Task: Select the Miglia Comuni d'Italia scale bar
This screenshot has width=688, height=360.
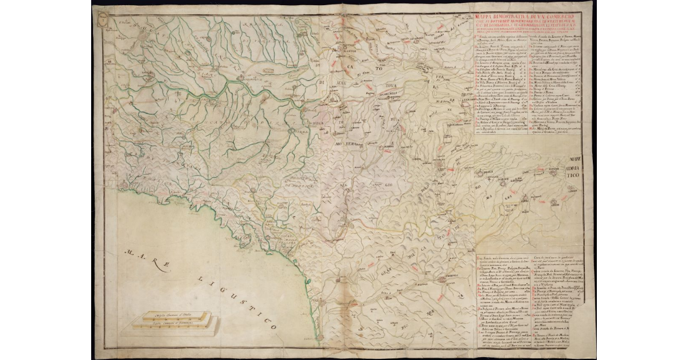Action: [x=174, y=315]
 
